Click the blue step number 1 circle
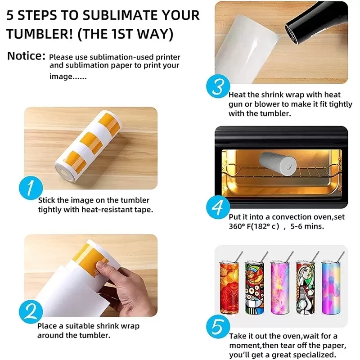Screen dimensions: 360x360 tap(31, 188)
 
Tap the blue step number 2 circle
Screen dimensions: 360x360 tap(31, 311)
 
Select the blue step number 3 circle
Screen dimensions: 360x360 tap(218, 86)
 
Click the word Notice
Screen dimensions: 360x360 tap(26, 56)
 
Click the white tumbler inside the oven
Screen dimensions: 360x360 tap(278, 164)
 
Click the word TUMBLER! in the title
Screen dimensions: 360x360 tap(40, 34)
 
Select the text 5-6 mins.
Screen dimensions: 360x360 tap(307, 226)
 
